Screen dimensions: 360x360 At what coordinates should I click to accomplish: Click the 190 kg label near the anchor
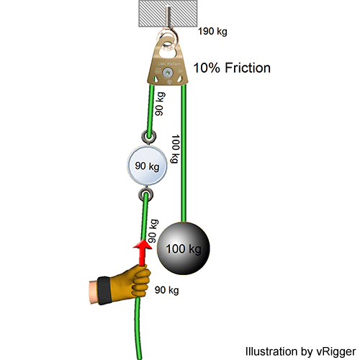(x=214, y=32)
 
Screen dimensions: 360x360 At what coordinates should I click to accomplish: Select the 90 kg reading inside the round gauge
(x=148, y=166)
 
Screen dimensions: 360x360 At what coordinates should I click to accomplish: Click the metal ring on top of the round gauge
(x=148, y=136)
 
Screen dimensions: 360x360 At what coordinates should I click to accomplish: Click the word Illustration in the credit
(x=269, y=351)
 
